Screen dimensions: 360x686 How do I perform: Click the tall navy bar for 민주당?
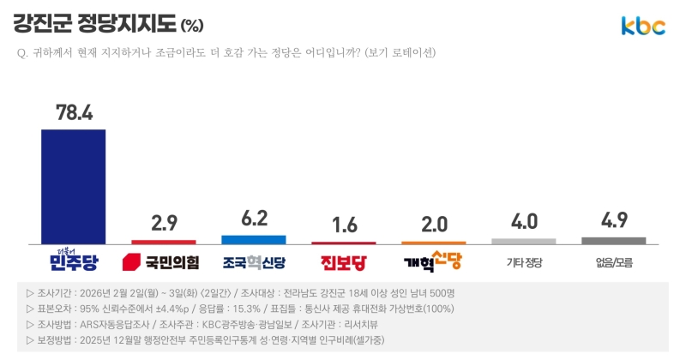74,186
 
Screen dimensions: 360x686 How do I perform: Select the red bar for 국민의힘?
163,242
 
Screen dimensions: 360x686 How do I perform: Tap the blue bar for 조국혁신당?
254,239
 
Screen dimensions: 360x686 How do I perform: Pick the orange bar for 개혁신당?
434,243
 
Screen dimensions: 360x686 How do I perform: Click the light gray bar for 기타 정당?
524,241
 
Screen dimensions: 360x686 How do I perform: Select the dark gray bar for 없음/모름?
614,240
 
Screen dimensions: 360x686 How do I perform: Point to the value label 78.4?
74,112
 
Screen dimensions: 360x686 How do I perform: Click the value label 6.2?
254,219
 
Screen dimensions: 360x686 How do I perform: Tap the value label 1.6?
344,225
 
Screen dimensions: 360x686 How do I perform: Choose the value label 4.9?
614,220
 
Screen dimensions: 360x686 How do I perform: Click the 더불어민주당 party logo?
74,259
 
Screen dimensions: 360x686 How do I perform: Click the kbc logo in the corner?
643,27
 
